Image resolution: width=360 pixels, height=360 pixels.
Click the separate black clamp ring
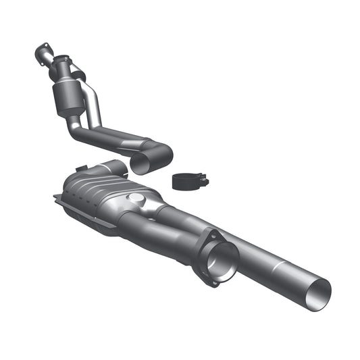pyautogui.click(x=187, y=181)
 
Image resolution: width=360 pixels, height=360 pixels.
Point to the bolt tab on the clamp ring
pyautogui.click(x=203, y=181)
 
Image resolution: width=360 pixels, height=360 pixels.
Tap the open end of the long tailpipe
pyautogui.click(x=319, y=291)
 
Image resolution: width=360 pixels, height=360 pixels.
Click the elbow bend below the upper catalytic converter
pyautogui.click(x=74, y=128)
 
